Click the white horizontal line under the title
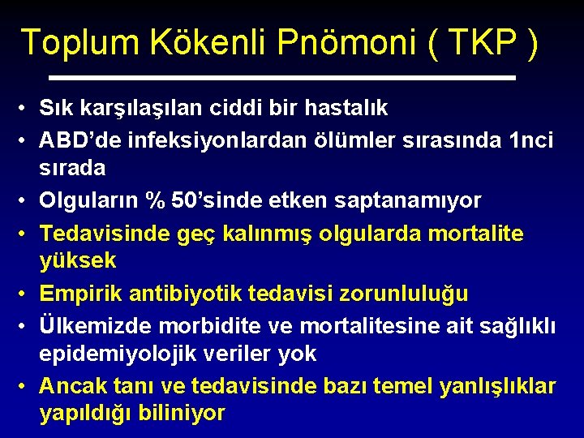(282, 78)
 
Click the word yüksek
(78, 261)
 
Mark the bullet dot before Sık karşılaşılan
(25, 109)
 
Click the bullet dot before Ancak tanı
(25, 386)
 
